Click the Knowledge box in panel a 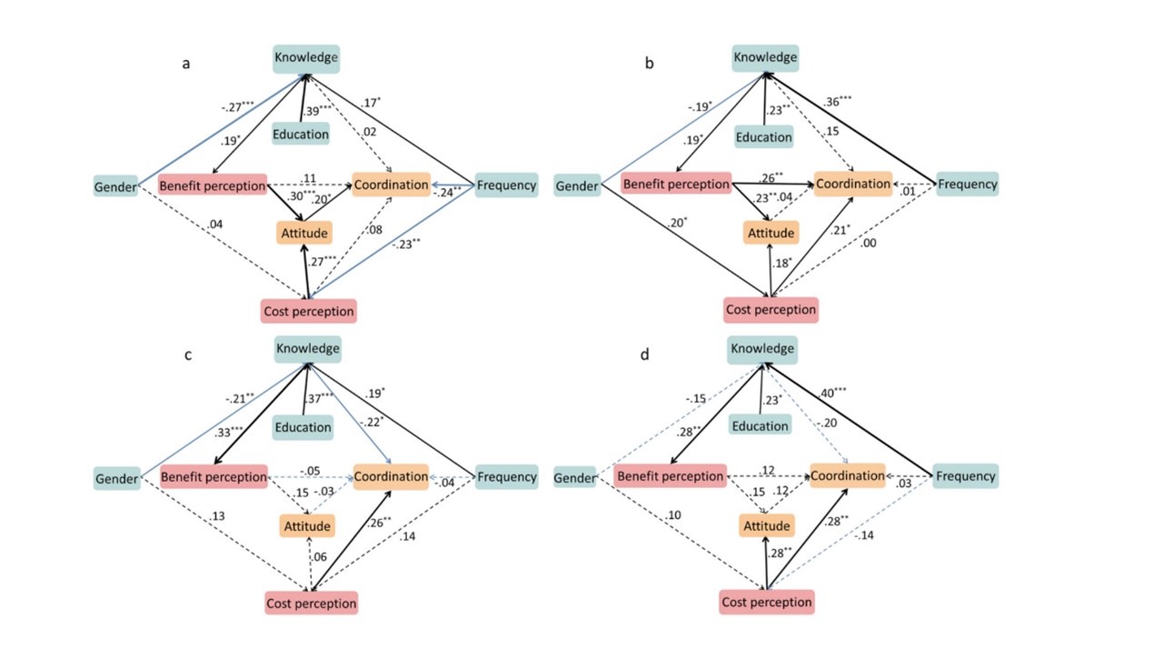306,58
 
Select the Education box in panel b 764,137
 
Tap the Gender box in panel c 115,478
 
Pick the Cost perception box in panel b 770,309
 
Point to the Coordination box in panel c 390,476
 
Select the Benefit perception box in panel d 671,475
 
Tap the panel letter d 644,354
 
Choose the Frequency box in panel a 505,185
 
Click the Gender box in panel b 577,186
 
